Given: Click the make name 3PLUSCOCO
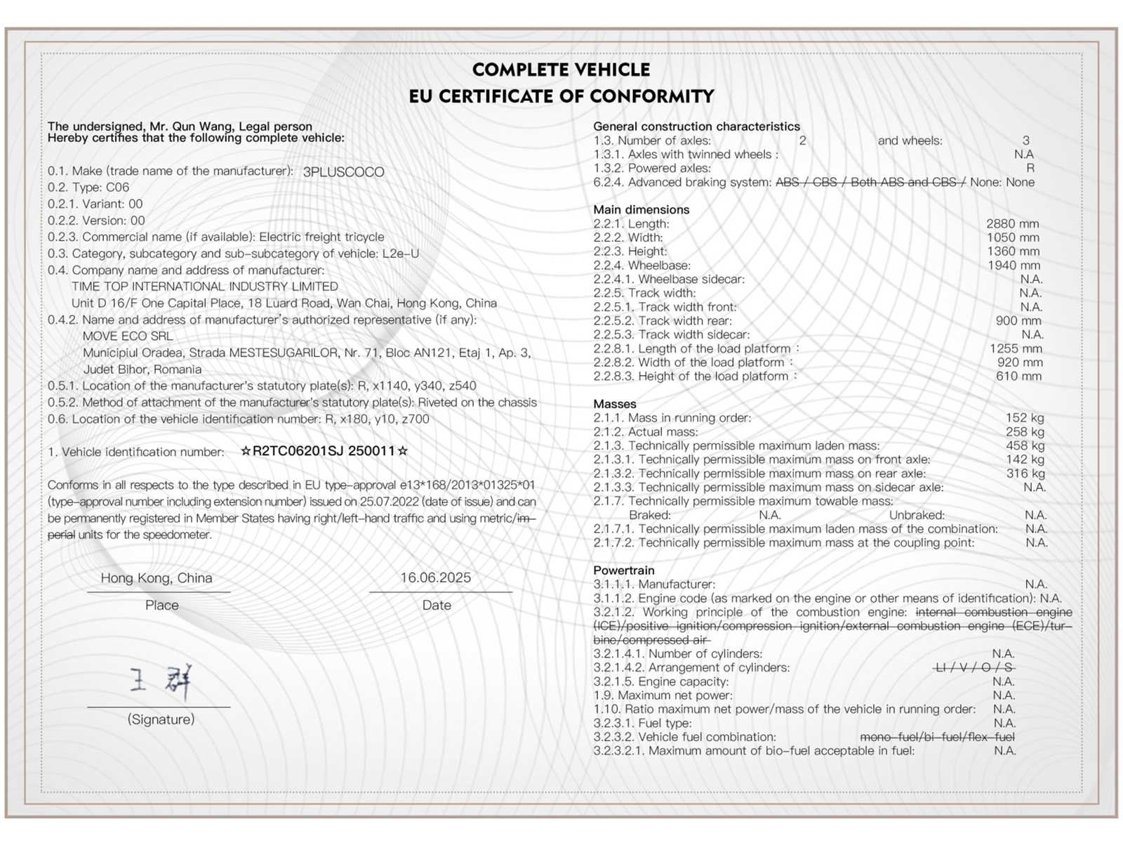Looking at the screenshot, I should coord(343,172).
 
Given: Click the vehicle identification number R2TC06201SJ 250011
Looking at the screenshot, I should coord(324,451).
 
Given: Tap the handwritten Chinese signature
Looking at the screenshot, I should coord(161,681).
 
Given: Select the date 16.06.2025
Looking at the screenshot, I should coord(436,577).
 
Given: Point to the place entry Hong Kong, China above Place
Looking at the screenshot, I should coord(157,578).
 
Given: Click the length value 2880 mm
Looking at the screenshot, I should coord(1012,223).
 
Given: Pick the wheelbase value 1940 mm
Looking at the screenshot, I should coord(1014,266).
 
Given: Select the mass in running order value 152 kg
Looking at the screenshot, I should coord(1025,418).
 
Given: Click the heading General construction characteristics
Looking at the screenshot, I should coord(696,126).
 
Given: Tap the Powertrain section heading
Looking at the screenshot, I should coord(623,570).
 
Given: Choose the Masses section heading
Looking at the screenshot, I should coord(615,404).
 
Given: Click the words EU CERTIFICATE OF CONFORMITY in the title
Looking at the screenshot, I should coord(561,96).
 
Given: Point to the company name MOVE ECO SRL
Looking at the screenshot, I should coord(128,336).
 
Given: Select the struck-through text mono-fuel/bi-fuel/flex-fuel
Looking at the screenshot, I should coord(937,737).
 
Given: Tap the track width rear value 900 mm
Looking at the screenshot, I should coord(1018,321).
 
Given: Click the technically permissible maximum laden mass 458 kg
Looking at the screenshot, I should coord(1025,445).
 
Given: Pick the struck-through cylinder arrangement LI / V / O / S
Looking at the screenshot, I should coord(974,667).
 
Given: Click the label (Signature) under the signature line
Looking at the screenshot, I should coord(161,719).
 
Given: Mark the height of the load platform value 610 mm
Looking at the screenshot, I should coord(1018,377).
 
